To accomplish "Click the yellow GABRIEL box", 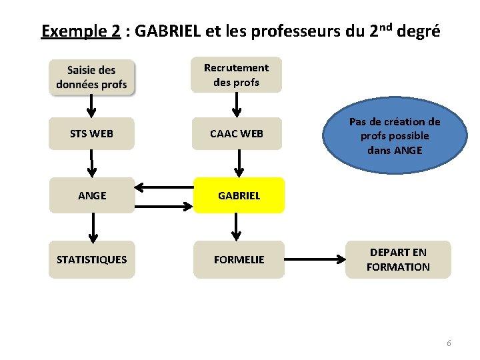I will coord(239,196).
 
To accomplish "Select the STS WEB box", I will coord(91,133).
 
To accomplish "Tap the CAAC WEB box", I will coord(237,133).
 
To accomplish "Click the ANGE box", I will coord(91,196).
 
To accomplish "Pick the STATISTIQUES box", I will coord(91,259).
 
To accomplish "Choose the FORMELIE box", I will coord(239,259).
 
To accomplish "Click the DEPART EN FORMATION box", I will coord(398,259).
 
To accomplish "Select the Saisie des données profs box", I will coord(91,77).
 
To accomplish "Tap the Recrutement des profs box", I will coord(236,75).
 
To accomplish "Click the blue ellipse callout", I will coord(394,136).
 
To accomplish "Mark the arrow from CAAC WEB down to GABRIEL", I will coord(236,163).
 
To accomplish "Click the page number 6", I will coord(449,343).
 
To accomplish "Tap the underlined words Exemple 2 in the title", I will coord(81,31).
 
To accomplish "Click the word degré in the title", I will coord(418,31).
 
